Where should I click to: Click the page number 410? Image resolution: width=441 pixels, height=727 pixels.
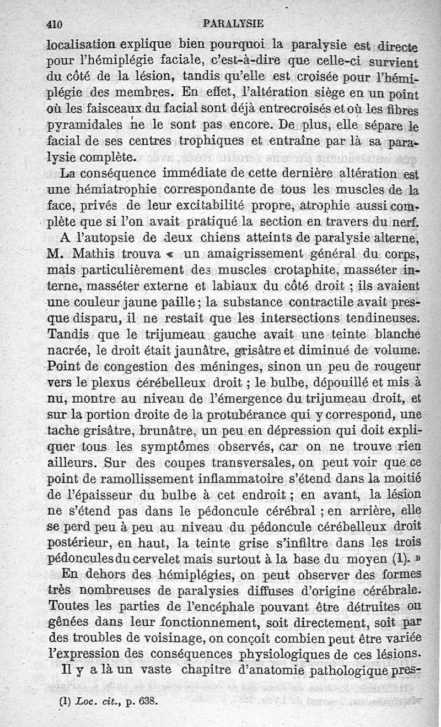(x=55, y=24)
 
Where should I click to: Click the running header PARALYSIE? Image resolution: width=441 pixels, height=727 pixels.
(x=233, y=24)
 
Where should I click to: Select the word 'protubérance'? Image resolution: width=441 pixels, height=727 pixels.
(x=246, y=413)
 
